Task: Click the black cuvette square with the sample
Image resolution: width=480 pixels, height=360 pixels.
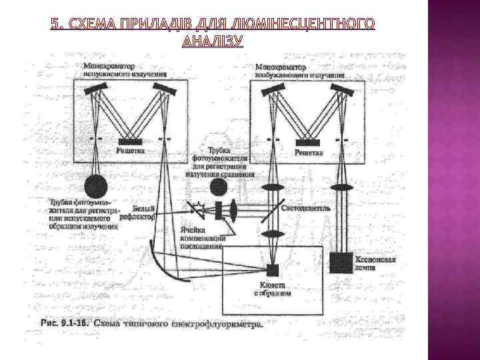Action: coord(271,269)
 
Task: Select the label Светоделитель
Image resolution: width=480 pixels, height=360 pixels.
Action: coord(307,207)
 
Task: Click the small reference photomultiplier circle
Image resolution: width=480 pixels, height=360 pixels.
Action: coord(218,185)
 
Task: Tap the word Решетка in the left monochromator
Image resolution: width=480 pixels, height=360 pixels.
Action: coord(131,151)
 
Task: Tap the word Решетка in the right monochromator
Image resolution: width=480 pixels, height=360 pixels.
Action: coord(309,153)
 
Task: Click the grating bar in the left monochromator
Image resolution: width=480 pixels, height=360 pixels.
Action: coord(130,141)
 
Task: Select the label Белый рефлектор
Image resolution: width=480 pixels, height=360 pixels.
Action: coord(139,212)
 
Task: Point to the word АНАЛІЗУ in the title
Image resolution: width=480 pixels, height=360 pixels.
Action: coord(212,41)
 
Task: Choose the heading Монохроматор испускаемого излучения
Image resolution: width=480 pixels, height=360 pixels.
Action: coord(125,70)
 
